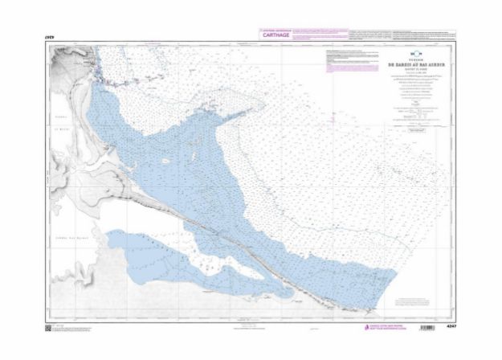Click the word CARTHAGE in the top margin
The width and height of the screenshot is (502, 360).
(x=272, y=35)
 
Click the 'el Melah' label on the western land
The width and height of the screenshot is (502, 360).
(x=59, y=137)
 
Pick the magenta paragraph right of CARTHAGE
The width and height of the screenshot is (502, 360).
(x=318, y=34)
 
